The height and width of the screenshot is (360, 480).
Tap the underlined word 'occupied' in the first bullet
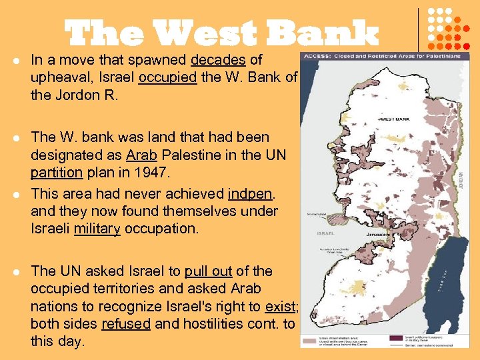(168, 77)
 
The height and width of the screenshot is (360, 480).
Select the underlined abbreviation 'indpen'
(249, 194)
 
